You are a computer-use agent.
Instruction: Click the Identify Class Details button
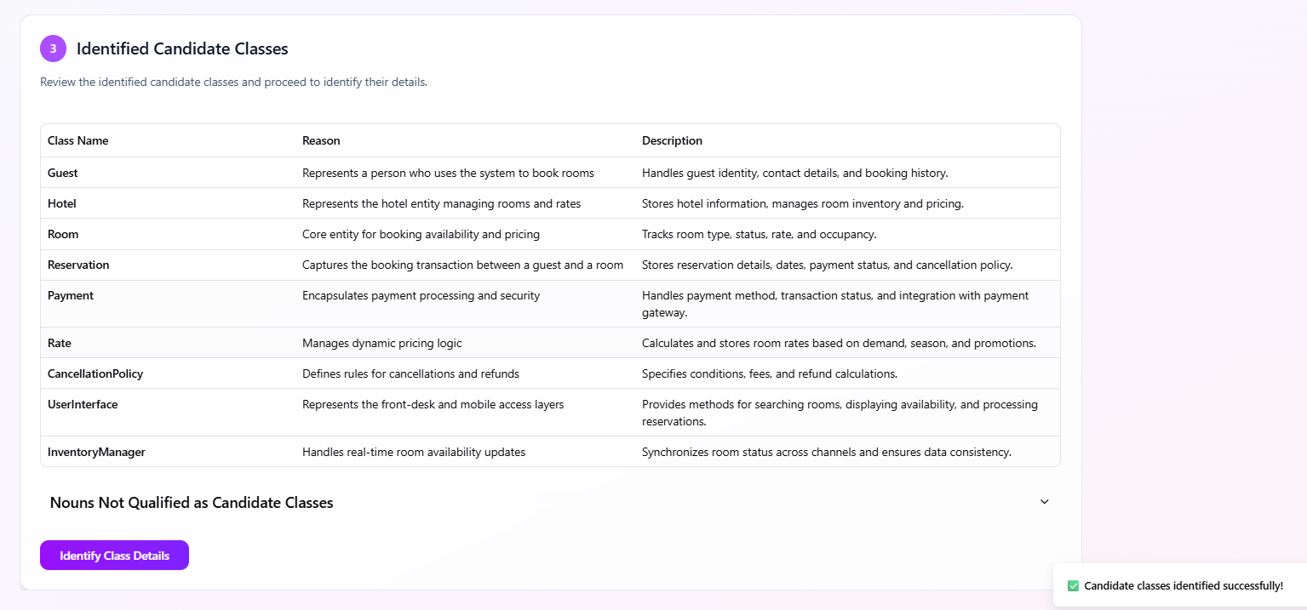[114, 556]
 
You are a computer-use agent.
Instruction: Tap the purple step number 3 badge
[53, 48]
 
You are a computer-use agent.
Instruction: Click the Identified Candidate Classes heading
[182, 48]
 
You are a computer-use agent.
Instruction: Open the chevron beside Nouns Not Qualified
[1045, 502]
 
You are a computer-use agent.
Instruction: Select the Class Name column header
[78, 140]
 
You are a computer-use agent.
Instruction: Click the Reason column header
[321, 140]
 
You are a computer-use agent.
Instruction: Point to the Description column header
[672, 140]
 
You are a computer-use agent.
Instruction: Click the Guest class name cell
[63, 173]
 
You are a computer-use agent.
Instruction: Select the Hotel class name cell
[62, 203]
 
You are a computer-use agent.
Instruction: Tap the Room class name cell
[63, 234]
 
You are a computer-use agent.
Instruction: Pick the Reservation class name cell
[78, 265]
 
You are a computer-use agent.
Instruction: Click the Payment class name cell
[71, 295]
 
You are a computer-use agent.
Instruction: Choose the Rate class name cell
[60, 343]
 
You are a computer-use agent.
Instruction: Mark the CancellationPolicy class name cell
[95, 373]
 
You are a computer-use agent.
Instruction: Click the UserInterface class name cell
[83, 404]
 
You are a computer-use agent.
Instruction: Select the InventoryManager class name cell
[96, 452]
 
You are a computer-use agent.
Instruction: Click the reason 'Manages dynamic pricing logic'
[381, 343]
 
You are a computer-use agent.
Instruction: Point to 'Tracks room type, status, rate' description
[759, 234]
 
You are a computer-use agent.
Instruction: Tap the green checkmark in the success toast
[1073, 585]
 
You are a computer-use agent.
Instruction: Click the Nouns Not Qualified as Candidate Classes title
[192, 503]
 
